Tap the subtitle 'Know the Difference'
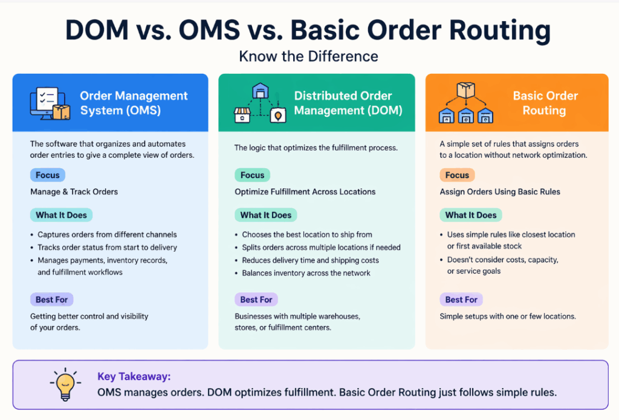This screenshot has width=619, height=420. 309,56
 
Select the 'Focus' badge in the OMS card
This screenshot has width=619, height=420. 48,176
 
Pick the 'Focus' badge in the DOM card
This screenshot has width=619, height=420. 252,176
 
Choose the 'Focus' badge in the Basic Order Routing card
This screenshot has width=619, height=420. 457,176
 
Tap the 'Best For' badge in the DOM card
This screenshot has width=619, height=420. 256,300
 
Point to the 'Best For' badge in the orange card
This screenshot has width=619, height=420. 461,300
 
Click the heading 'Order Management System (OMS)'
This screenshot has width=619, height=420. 134,103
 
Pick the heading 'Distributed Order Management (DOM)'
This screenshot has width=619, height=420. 343,103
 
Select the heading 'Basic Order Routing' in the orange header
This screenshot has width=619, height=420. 545,103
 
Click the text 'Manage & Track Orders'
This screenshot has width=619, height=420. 74,192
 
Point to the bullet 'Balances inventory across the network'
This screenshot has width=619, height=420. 306,273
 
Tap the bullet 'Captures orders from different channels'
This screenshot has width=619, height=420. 107,234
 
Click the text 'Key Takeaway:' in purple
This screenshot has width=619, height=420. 134,376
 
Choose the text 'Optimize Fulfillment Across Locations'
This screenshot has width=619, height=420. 305,192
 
